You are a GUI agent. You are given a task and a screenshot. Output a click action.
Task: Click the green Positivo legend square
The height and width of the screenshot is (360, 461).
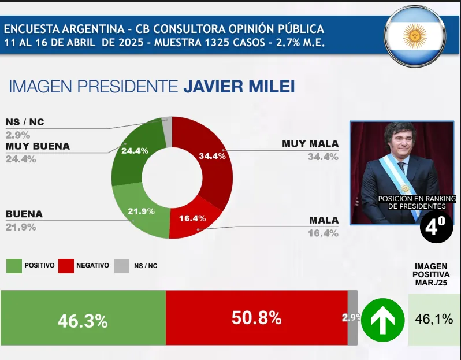(13, 266)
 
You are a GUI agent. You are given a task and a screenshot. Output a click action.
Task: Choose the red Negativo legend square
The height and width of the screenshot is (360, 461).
(65, 266)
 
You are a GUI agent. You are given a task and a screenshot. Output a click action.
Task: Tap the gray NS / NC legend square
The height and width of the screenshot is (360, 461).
(121, 266)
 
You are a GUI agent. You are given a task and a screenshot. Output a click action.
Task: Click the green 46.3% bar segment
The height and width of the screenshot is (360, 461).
(83, 318)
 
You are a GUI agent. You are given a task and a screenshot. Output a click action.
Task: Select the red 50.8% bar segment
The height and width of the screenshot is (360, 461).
(256, 318)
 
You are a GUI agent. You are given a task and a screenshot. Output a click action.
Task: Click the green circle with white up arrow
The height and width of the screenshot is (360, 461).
(382, 318)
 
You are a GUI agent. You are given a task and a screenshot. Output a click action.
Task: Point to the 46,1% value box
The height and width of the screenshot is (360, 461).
(434, 318)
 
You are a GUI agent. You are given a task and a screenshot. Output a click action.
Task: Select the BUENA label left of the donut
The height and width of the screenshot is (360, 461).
(24, 214)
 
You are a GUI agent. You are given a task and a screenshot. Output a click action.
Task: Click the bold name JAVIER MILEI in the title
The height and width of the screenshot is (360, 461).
(239, 87)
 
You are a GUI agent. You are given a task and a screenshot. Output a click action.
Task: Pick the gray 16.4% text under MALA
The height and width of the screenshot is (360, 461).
(324, 233)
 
